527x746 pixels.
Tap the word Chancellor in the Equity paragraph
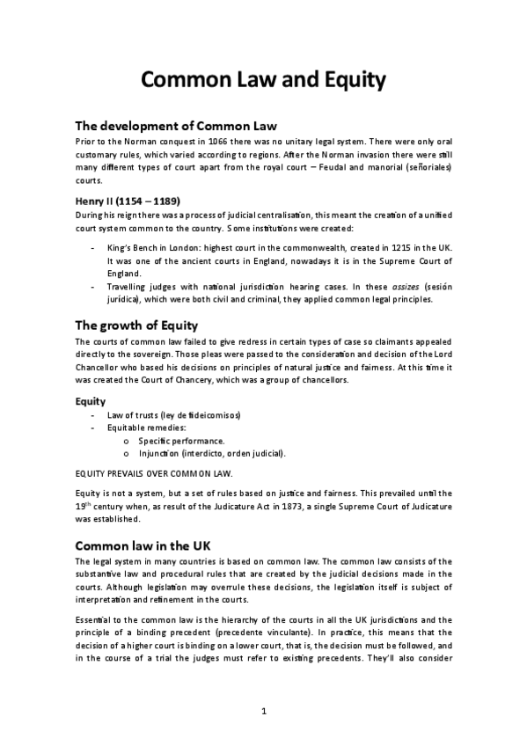coord(104,366)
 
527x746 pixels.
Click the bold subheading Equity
coord(92,399)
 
